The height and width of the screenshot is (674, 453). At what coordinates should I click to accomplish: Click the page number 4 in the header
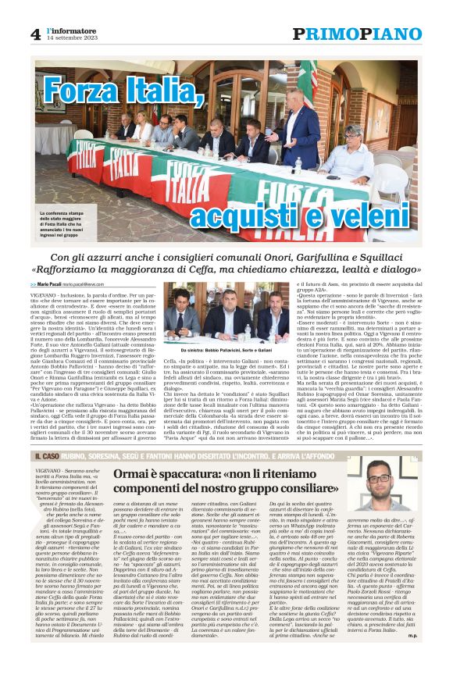pyautogui.click(x=35, y=34)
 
